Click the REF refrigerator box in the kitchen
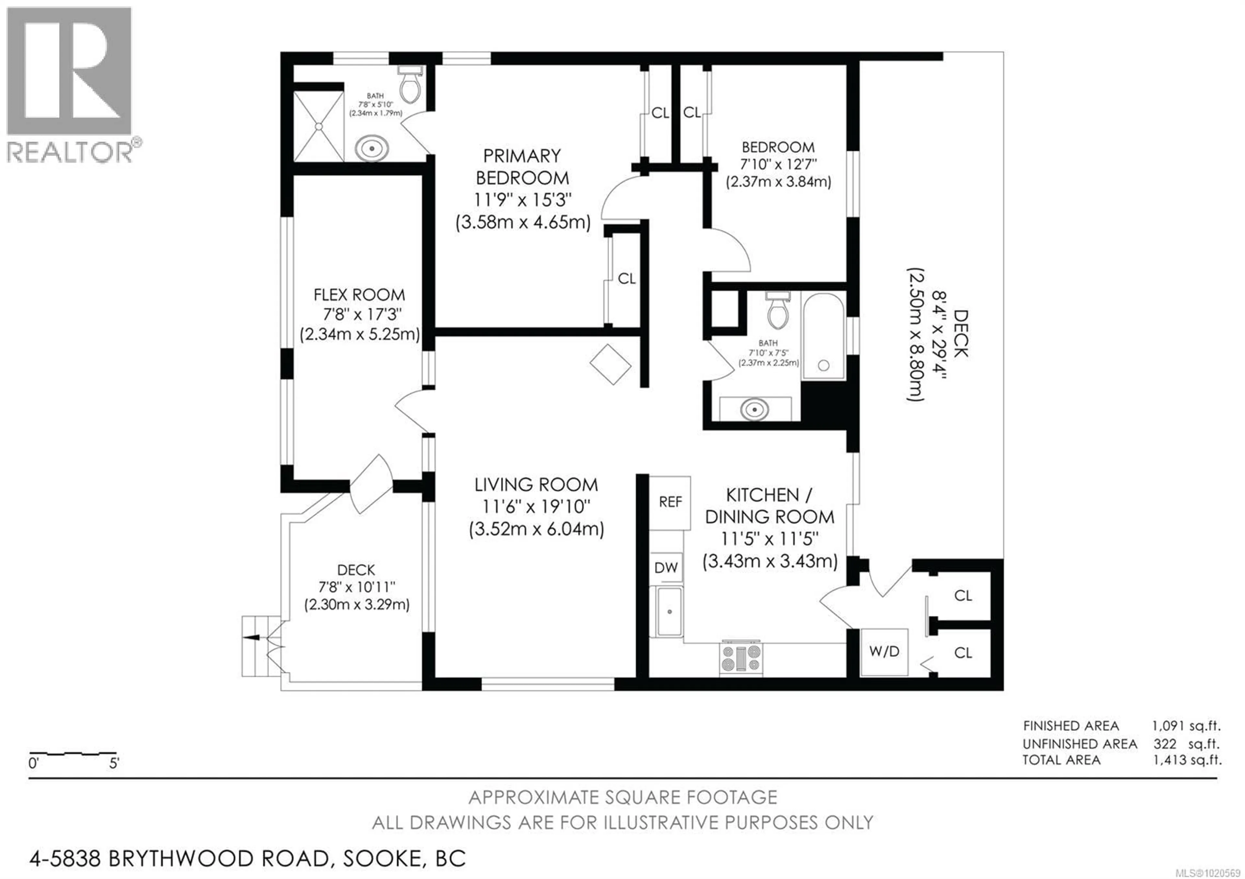coord(670,502)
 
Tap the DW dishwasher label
coord(666,568)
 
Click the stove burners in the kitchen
coord(741,659)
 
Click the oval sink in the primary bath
coord(372,148)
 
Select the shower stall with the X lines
coord(318,126)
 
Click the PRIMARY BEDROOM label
coord(522,167)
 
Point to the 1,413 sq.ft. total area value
coord(1187,760)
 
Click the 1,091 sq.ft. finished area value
coord(1186,726)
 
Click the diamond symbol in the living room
coord(611,364)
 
